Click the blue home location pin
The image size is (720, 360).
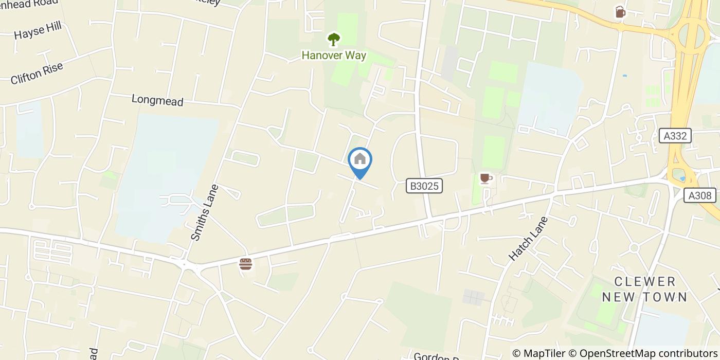pyautogui.click(x=360, y=160)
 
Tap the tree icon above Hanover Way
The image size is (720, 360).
pyautogui.click(x=334, y=39)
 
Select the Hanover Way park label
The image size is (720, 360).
pyautogui.click(x=334, y=55)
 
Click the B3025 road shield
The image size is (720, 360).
pyautogui.click(x=424, y=186)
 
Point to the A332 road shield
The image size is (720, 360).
pyautogui.click(x=675, y=136)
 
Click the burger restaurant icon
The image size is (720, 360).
pyautogui.click(x=246, y=264)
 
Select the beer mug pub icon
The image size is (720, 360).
pyautogui.click(x=620, y=12)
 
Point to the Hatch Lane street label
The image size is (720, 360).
pyautogui.click(x=528, y=238)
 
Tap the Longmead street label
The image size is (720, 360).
pyautogui.click(x=157, y=100)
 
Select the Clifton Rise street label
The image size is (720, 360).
pyautogui.click(x=37, y=73)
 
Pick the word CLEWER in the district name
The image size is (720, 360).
pyautogui.click(x=645, y=281)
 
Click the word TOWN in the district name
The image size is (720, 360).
pyautogui.click(x=667, y=297)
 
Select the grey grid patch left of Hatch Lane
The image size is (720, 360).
pyautogui.click(x=474, y=296)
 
